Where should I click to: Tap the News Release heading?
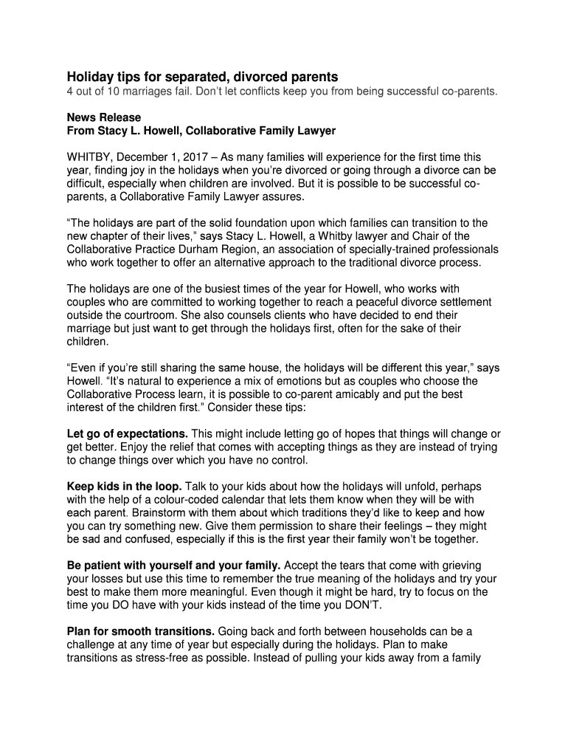point(104,117)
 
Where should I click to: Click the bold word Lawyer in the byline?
point(317,131)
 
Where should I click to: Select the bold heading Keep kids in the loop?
point(124,487)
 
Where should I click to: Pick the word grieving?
point(463,566)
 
